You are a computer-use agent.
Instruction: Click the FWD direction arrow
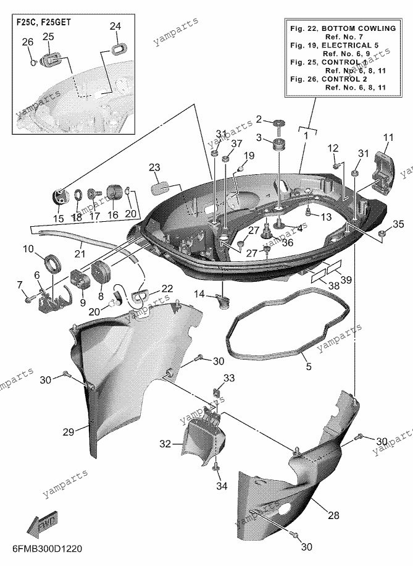click(x=42, y=523)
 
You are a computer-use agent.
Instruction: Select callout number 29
click(x=68, y=432)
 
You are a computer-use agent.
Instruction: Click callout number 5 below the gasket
click(x=309, y=366)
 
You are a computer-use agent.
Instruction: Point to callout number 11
click(x=388, y=138)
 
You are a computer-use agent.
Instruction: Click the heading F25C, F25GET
click(x=44, y=22)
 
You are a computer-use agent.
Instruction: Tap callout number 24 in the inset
click(x=115, y=27)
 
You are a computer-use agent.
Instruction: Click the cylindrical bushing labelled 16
click(x=115, y=192)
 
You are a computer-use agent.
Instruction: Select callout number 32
click(x=165, y=444)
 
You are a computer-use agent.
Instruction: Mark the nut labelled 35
click(x=382, y=234)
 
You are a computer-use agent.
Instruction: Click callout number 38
click(x=334, y=285)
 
